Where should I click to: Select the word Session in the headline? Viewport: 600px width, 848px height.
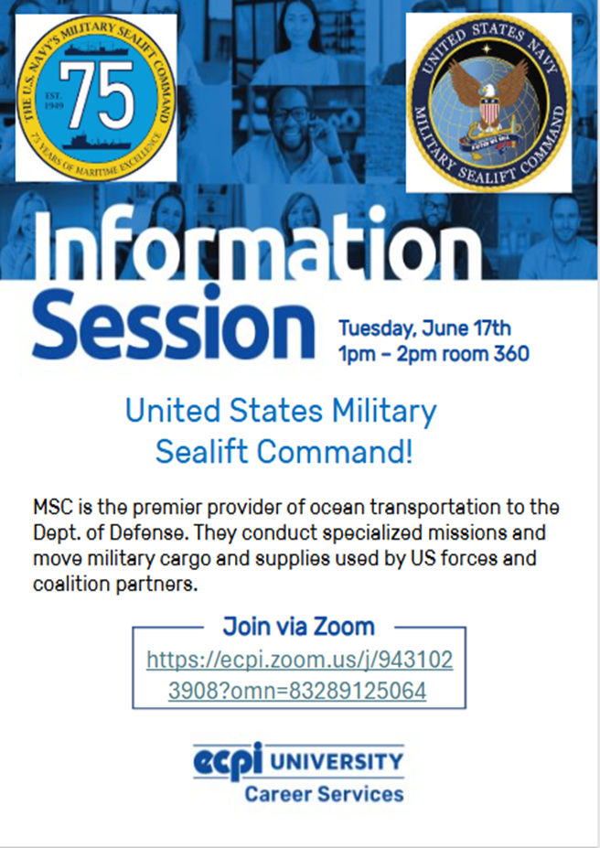tap(174, 324)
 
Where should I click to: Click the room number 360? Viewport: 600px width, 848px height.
tap(510, 354)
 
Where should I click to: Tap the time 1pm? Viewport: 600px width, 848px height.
tap(358, 355)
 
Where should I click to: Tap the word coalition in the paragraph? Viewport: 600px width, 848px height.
tap(70, 584)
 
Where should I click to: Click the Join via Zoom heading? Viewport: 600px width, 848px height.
tap(299, 627)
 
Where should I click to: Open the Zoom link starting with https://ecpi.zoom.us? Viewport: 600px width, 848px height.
tap(299, 675)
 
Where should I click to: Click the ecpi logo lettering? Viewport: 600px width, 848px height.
tap(228, 760)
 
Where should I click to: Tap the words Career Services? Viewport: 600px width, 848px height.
tap(324, 794)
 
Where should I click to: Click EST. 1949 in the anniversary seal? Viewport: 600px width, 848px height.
tap(54, 101)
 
